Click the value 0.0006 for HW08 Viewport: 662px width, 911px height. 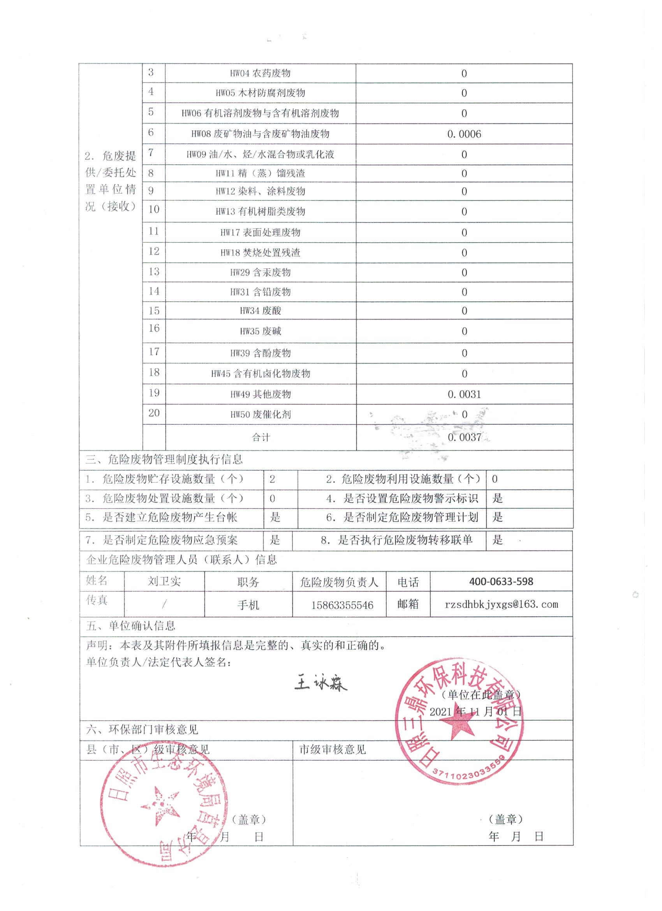(464, 134)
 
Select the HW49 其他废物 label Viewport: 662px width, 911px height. (260, 394)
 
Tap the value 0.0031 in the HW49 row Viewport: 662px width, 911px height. (464, 394)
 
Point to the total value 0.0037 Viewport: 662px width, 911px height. (464, 437)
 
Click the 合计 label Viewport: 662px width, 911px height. (261, 437)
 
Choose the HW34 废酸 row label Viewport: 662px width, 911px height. (260, 311)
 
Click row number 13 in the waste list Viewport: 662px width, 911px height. (154, 272)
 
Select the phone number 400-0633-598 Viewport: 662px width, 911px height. (501, 581)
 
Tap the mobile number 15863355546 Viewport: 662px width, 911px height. (342, 605)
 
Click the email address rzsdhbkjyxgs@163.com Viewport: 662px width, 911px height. (501, 604)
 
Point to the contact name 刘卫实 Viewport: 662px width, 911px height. (164, 581)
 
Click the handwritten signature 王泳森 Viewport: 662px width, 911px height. (320, 684)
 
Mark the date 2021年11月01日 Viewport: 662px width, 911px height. (475, 711)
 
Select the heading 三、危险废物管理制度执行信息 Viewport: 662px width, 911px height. (164, 459)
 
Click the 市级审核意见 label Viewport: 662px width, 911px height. (333, 750)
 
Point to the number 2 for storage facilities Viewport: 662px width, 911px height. (272, 479)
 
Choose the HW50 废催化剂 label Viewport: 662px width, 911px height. (260, 414)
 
